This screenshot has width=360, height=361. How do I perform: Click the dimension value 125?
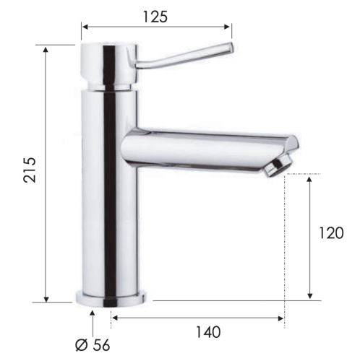[x=155, y=16]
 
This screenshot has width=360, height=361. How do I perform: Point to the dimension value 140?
[x=208, y=332]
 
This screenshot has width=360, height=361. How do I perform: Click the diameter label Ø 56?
[x=92, y=345]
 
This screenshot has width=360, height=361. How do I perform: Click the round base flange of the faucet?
[x=111, y=297]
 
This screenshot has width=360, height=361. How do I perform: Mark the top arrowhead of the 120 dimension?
[x=310, y=178]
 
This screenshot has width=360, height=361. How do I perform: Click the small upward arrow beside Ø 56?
[x=92, y=315]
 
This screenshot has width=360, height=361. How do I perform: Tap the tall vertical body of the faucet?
[x=108, y=202]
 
